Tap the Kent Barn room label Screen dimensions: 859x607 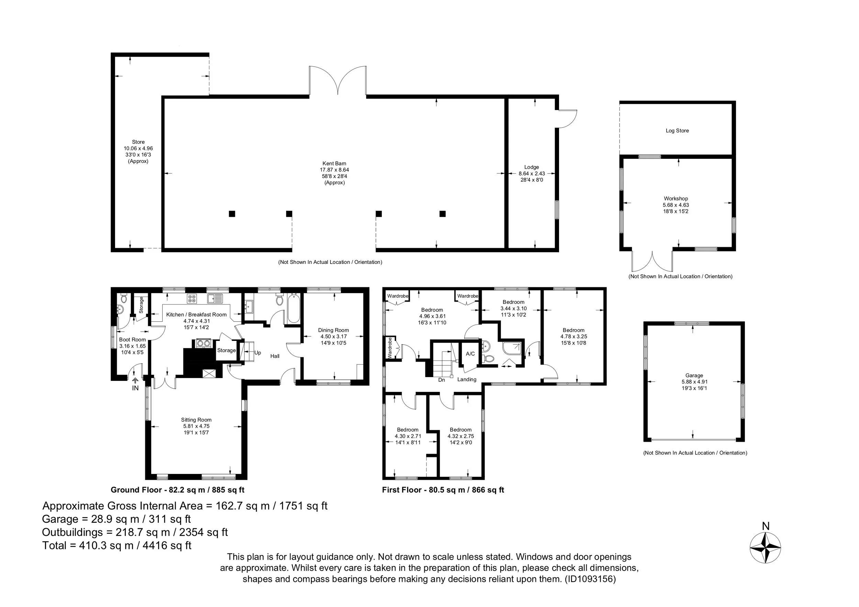tap(334, 164)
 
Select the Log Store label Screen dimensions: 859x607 tap(677, 131)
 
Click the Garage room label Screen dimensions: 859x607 tap(694, 375)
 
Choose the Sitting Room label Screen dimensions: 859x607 tap(196, 420)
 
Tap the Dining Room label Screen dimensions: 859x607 tap(333, 330)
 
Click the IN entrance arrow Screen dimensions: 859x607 tap(135, 379)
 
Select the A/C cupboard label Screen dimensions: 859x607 tap(470, 354)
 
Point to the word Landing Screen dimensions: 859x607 tap(467, 379)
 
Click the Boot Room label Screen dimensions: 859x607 tap(132, 340)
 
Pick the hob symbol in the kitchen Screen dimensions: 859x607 tap(192, 298)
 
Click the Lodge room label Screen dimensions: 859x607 tap(532, 167)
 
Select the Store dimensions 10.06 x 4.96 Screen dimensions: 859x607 tap(138, 148)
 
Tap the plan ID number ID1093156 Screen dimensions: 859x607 tap(590, 579)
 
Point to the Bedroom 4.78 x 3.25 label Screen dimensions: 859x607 tap(573, 336)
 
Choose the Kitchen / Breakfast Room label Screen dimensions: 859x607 tap(197, 315)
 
